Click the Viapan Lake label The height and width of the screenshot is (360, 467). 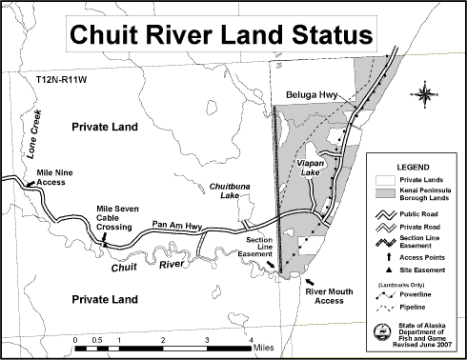click(x=311, y=169)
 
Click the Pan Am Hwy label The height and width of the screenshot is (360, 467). click(x=174, y=226)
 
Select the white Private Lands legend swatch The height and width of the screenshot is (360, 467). click(x=385, y=178)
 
